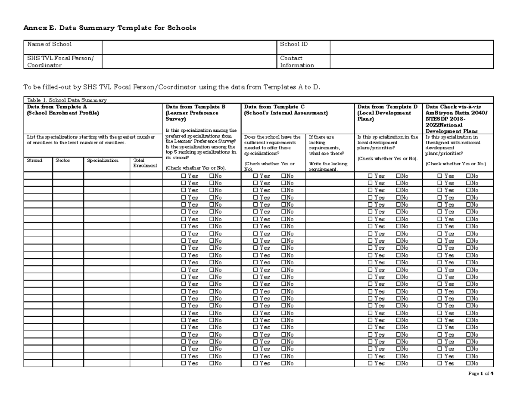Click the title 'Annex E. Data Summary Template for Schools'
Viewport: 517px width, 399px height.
click(109, 28)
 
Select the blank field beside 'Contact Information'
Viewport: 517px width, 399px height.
click(411, 62)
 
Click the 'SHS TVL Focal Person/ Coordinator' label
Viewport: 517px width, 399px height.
click(60, 62)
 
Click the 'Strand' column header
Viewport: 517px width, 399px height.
click(35, 161)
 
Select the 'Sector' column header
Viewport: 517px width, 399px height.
click(63, 161)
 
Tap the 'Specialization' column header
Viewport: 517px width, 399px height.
click(103, 161)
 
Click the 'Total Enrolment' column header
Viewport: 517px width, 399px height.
click(145, 163)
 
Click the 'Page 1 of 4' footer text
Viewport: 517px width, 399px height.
click(480, 374)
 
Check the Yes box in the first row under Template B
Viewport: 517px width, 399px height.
click(184, 176)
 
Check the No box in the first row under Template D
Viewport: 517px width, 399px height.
click(399, 176)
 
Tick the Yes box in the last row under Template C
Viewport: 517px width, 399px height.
click(255, 363)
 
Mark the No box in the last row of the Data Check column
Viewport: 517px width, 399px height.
click(468, 363)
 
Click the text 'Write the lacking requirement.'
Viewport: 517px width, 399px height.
click(329, 167)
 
